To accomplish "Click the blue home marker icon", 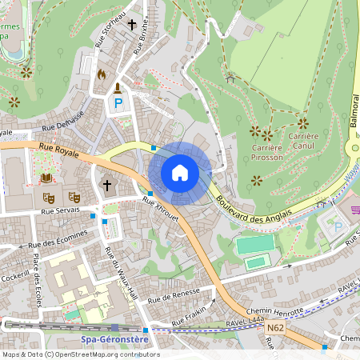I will coord(180,172).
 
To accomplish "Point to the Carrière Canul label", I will coord(303,141).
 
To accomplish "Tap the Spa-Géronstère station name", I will coord(117,339).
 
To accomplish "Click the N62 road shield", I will coord(275,327).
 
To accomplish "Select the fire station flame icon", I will coord(101,74).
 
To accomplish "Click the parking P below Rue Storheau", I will coord(118,104).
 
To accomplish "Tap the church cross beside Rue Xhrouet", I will coord(107,186).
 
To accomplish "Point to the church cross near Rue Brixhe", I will coord(131,25).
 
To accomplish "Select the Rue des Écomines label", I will coord(56,241).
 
